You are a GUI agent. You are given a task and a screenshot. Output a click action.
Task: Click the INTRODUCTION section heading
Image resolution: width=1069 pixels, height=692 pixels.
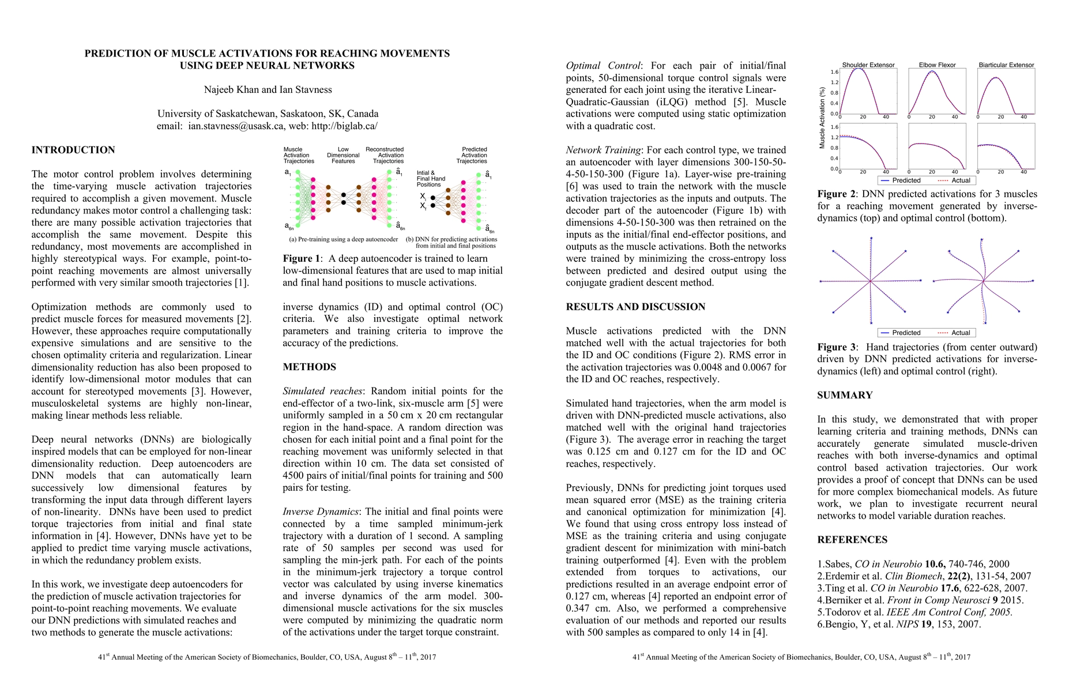(x=73, y=150)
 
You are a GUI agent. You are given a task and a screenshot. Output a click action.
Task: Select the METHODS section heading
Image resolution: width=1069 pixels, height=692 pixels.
(x=309, y=367)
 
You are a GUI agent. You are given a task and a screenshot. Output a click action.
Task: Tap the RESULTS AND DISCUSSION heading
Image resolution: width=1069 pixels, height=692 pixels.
(x=635, y=307)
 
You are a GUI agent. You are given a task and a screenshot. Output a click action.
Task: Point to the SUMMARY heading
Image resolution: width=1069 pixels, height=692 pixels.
(x=845, y=395)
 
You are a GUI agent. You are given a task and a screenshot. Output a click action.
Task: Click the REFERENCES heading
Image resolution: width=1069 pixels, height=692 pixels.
(x=852, y=540)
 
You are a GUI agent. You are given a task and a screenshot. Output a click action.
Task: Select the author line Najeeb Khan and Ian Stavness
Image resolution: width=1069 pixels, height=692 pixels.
(x=268, y=89)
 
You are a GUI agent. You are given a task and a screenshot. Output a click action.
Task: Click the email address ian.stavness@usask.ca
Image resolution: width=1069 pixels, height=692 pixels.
(x=236, y=126)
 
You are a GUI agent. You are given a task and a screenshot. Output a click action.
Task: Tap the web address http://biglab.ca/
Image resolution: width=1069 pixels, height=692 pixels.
(x=344, y=126)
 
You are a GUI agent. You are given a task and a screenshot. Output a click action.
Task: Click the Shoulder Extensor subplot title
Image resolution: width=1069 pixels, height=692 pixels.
(x=868, y=65)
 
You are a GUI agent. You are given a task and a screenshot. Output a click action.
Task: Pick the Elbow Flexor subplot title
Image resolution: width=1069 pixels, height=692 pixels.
(x=937, y=65)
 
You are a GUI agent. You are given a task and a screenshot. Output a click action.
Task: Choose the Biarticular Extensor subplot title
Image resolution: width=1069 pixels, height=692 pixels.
(x=1006, y=65)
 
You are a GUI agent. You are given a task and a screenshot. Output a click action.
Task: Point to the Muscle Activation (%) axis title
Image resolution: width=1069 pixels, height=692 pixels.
(x=822, y=118)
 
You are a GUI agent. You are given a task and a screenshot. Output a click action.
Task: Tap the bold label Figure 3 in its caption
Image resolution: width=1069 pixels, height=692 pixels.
(x=836, y=347)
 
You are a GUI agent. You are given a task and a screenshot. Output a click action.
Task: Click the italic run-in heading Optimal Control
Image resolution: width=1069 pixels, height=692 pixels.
(x=603, y=66)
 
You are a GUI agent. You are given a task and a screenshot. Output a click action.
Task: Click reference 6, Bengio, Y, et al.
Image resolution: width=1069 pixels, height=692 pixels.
(x=899, y=624)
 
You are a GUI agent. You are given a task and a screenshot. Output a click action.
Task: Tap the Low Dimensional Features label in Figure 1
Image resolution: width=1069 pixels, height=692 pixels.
(x=343, y=155)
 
